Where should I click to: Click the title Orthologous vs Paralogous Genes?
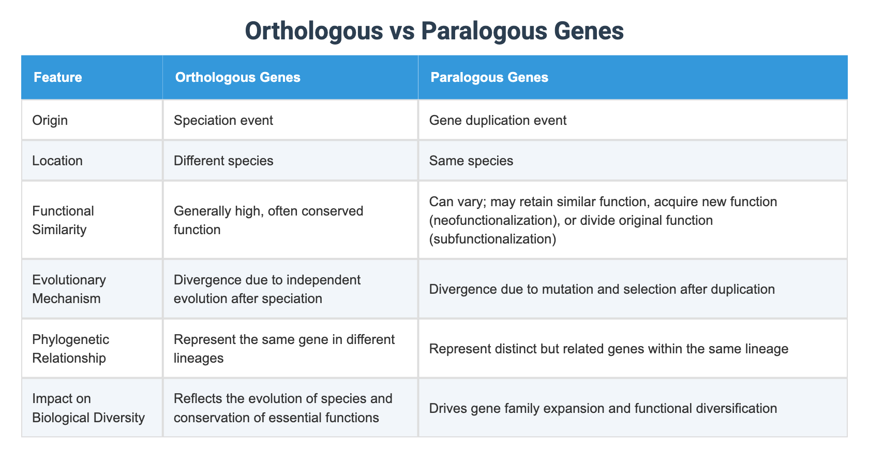434,31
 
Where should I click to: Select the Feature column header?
57,77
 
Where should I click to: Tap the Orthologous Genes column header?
237,77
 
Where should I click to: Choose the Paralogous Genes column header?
489,77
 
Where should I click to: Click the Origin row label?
50,120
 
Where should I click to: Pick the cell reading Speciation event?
223,120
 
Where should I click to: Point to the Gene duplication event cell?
498,120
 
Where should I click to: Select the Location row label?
57,161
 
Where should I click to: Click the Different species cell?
223,161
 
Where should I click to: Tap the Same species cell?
471,161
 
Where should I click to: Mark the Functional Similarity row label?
63,220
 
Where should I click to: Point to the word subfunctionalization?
492,239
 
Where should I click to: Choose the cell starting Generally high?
268,220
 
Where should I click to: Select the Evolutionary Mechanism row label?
68,289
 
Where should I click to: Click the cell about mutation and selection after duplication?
602,289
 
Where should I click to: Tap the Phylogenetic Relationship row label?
70,349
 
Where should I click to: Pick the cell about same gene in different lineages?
283,349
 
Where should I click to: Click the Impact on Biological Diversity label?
88,408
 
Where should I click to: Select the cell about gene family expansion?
603,408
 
